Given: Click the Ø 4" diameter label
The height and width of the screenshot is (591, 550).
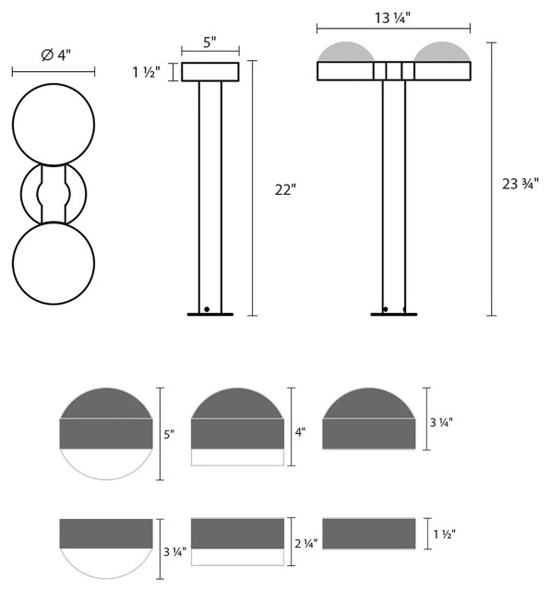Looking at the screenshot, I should (x=53, y=57).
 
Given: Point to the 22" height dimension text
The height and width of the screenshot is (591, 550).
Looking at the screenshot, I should (x=285, y=190).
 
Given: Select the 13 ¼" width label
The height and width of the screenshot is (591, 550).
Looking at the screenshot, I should (x=393, y=17).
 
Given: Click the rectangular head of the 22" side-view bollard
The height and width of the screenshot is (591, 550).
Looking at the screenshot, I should (x=210, y=72).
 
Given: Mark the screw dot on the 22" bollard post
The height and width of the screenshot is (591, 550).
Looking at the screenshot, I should (x=207, y=308).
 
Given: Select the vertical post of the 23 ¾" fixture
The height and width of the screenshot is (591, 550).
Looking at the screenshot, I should (x=394, y=194).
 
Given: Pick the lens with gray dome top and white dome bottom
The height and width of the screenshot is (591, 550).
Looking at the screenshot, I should (x=106, y=434).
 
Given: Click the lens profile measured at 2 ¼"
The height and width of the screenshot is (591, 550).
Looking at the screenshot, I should (x=237, y=541).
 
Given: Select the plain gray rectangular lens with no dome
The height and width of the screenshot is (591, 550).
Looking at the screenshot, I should (x=368, y=534).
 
